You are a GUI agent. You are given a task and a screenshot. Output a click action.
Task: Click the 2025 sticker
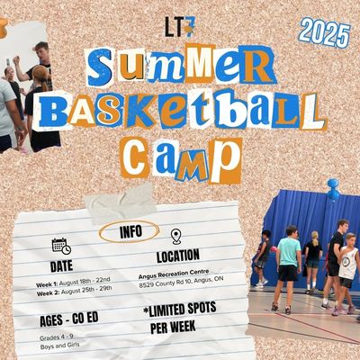[325, 32]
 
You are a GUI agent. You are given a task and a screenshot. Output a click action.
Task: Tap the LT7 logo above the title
[180, 28]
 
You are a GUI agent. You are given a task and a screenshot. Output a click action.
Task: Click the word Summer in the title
[181, 66]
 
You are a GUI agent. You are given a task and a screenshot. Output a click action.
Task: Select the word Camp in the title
[181, 160]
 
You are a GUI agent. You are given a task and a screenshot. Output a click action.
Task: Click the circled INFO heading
[129, 231]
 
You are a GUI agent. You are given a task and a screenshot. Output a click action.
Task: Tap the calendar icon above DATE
[61, 246]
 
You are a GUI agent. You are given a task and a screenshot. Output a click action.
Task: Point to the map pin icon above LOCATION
[176, 237]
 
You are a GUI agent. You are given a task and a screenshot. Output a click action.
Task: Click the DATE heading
[61, 266]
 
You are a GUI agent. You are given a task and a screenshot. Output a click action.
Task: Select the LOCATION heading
[178, 256]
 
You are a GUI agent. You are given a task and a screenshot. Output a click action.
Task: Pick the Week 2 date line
[74, 291]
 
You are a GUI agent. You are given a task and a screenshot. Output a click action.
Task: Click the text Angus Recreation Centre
[174, 274]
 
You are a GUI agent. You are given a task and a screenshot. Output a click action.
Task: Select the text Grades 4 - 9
[57, 337]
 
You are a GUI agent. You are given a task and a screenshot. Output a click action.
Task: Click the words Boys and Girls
[59, 346]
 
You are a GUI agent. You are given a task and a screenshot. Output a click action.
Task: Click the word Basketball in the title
[180, 111]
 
